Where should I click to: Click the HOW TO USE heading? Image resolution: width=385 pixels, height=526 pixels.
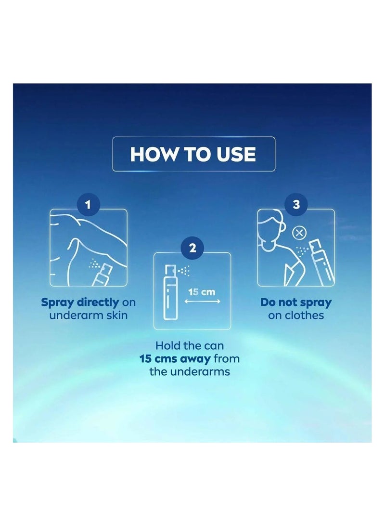pos(193,155)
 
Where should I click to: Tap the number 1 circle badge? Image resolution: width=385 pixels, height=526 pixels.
pos(88,205)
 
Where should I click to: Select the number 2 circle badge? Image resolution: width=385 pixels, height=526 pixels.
pos(192,249)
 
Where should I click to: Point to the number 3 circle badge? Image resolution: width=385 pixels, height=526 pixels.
pos(296,205)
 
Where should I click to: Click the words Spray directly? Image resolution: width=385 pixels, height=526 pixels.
pos(80,302)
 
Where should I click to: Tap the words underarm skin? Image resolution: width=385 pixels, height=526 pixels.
pos(88,316)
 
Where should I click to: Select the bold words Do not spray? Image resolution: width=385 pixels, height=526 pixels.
pos(296,302)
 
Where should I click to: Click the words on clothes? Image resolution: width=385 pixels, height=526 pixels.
pos(296,316)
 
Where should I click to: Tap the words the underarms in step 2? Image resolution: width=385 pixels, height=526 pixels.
pos(192,371)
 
